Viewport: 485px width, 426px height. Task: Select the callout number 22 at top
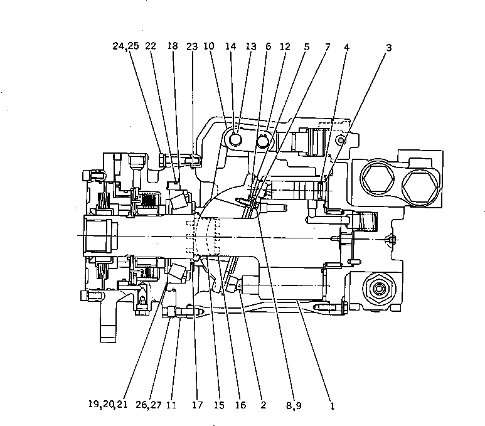tap(151, 46)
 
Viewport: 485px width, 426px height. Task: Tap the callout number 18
tap(173, 46)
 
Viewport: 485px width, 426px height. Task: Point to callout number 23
tap(191, 46)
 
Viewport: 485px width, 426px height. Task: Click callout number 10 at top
tap(209, 46)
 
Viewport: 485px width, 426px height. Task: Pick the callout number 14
tap(230, 46)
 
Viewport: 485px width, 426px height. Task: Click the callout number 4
tap(346, 46)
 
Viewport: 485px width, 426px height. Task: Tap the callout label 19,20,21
tap(108, 405)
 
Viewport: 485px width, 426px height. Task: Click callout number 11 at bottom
tap(171, 405)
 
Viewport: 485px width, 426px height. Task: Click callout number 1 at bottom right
tap(332, 405)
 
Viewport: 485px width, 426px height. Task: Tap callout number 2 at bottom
tap(264, 405)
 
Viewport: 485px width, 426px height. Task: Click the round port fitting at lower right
tap(378, 288)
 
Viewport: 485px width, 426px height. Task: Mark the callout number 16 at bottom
tap(240, 405)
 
